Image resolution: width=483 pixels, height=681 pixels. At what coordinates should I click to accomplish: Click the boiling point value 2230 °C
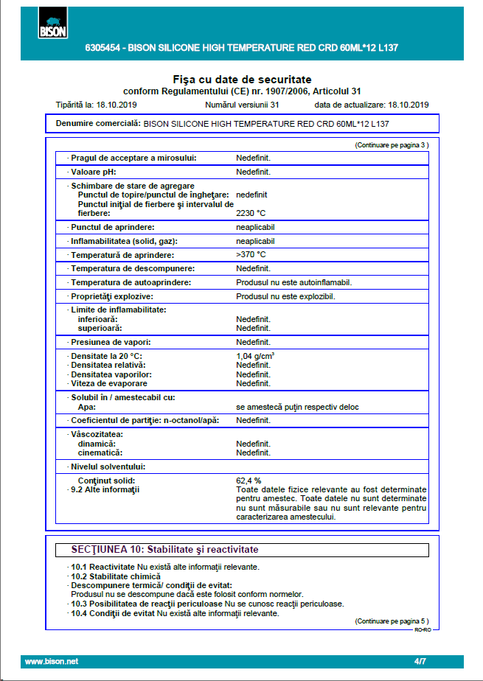(x=251, y=213)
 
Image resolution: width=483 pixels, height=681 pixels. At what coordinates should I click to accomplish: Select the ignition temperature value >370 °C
(x=251, y=254)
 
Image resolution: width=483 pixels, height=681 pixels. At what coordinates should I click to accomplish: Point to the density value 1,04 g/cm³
(x=255, y=356)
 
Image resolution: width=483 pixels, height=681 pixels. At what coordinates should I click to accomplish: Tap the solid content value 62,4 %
(x=249, y=481)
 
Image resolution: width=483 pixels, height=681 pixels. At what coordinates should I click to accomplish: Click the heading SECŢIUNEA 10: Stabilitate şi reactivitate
(x=164, y=550)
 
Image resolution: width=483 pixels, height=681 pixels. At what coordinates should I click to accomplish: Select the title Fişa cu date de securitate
(x=242, y=79)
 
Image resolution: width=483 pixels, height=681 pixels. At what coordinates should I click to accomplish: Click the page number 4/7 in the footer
(x=420, y=662)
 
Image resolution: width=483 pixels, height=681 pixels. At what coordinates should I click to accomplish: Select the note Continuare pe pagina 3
(x=392, y=145)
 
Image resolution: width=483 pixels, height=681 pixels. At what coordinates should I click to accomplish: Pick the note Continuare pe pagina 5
(x=392, y=621)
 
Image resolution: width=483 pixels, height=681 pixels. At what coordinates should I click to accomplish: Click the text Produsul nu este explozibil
(x=285, y=296)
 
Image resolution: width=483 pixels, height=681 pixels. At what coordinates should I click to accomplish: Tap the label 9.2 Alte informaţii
(x=105, y=489)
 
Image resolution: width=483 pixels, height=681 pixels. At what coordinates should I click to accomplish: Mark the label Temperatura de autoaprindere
(x=131, y=282)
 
